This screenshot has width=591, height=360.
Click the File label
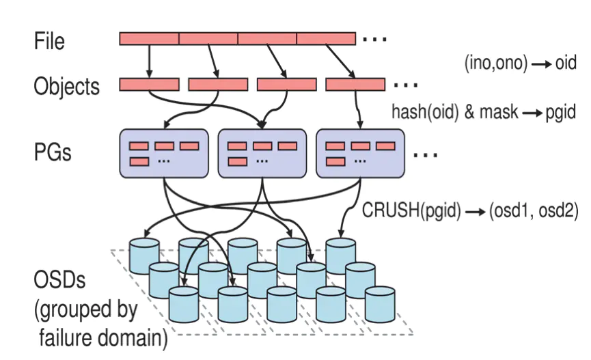point(49,41)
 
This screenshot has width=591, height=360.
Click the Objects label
point(66,87)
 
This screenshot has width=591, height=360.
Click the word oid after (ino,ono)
point(567,64)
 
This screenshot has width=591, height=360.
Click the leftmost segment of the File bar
point(149,39)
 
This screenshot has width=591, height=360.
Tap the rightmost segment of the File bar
point(326,39)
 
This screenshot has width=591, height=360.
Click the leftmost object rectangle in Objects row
point(149,85)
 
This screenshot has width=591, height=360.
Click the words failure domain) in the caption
point(100,337)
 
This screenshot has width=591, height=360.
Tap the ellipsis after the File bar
point(374,40)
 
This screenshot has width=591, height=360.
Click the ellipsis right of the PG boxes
point(425,155)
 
